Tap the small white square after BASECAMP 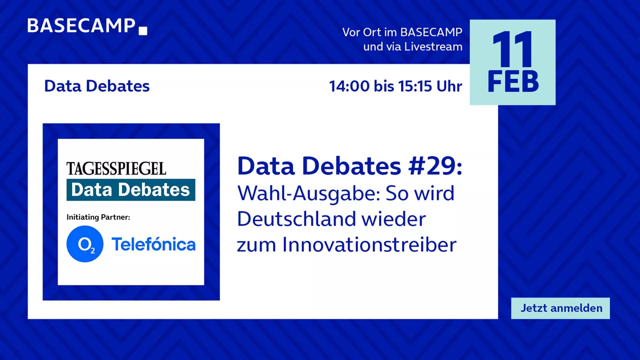pos(143,30)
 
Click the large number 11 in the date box pos(512,48)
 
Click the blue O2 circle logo pos(85,243)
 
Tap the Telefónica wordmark pos(153,244)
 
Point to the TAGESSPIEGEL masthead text pos(116,168)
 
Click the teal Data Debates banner pos(131,189)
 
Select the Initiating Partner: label pos(98,217)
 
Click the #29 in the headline pos(435,166)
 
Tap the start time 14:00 pos(349,86)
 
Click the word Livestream pos(433,46)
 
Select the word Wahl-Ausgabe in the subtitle pos(308,193)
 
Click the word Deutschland pos(296,219)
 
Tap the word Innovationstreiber pos(369,244)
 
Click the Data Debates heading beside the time pos(97,86)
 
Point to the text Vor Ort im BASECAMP pos(402,32)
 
